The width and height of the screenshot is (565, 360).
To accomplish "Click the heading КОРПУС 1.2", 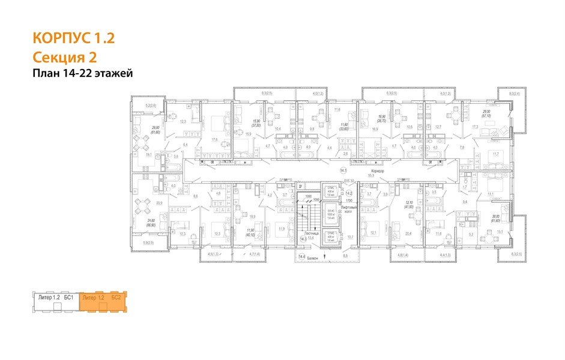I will click(x=73, y=40).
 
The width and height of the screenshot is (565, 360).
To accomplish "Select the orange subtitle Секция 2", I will click(x=64, y=57).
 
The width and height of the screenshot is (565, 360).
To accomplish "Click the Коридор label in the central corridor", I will click(x=378, y=171).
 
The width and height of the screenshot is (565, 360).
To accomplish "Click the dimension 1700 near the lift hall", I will click(x=349, y=200).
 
